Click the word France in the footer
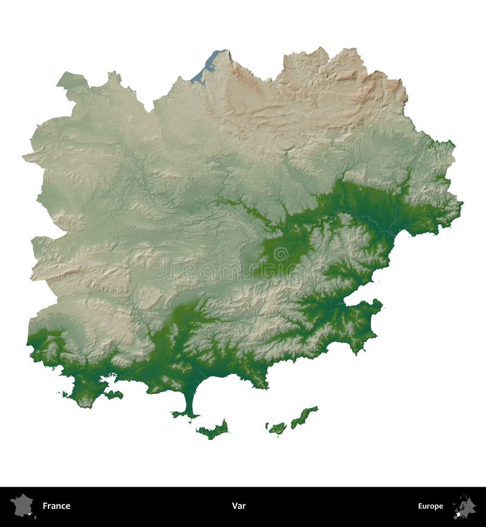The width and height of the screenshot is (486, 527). point(56,506)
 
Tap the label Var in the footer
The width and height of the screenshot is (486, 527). point(238,506)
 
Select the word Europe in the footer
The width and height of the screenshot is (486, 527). point(430,506)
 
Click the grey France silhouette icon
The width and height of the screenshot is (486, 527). point(21,505)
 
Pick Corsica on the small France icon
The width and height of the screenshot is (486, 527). point(35,516)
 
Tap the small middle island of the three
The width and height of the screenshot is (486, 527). point(276,428)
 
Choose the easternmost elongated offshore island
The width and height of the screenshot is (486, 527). point(304,417)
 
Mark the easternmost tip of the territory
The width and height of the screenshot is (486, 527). point(461,203)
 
